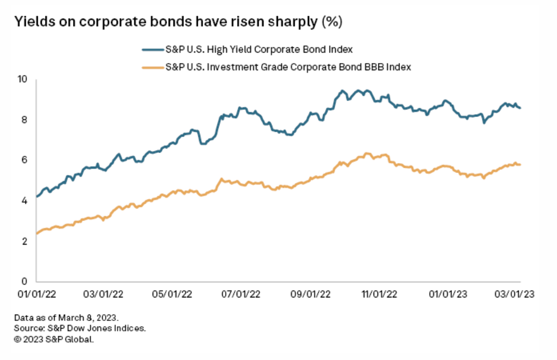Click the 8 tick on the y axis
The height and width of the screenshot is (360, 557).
click(25, 120)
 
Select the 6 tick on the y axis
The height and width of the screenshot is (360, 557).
click(25, 160)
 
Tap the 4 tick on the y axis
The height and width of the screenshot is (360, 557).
click(25, 201)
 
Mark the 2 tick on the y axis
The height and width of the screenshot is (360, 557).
click(25, 241)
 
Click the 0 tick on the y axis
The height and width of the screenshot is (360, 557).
click(25, 281)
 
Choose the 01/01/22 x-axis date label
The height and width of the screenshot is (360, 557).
click(37, 294)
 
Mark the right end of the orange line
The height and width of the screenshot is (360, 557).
click(520, 164)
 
